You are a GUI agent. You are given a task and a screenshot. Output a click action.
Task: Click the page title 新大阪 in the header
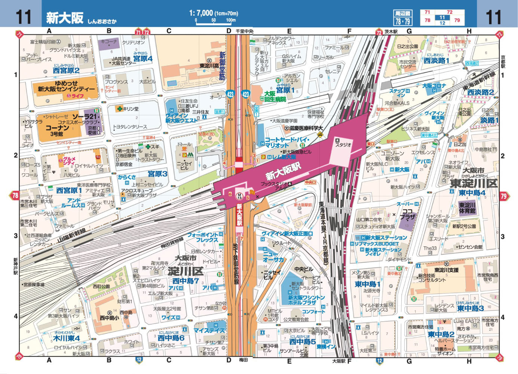click(65, 18)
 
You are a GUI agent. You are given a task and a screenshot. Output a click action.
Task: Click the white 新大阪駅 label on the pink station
click(283, 171)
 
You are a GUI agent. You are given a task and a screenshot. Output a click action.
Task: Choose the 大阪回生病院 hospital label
click(275, 96)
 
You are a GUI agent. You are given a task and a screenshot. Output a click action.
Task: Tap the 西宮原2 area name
click(66, 70)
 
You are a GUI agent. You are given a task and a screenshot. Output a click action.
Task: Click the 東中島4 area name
click(472, 193)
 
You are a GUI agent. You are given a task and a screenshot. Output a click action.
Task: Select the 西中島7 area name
click(186, 281)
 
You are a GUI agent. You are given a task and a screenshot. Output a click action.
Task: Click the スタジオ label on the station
click(343, 145)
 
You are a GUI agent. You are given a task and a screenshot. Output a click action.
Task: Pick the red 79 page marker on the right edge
click(503, 196)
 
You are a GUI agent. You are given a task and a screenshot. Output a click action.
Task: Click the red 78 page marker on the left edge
click(15, 196)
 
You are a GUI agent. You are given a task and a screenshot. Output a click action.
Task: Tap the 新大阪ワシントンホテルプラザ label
click(306, 300)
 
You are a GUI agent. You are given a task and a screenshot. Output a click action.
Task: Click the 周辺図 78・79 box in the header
click(402, 18)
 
